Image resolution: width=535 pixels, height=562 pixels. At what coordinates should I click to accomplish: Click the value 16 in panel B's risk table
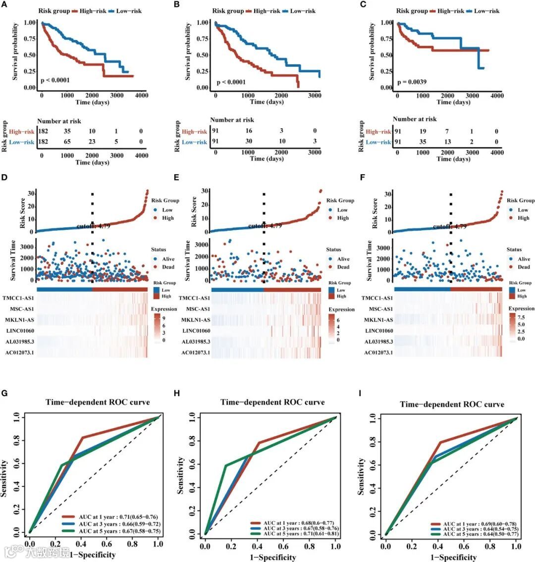[248, 132]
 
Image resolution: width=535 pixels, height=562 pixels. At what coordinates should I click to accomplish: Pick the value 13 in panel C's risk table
[447, 142]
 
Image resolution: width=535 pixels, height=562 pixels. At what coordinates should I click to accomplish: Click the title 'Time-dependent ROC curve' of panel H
[272, 402]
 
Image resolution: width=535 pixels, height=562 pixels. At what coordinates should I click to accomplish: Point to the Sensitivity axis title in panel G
[4, 478]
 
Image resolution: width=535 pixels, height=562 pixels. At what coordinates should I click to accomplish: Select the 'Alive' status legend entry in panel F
[524, 259]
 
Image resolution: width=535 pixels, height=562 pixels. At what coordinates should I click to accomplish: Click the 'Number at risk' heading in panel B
[232, 120]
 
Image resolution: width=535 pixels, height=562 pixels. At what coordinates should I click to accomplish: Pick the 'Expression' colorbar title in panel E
[342, 309]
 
